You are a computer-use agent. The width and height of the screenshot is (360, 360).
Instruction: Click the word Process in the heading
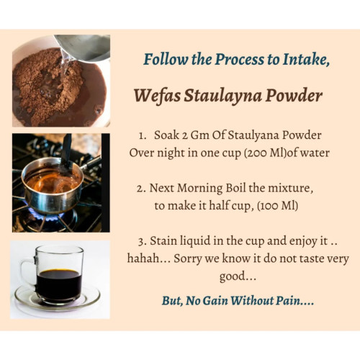[239, 59]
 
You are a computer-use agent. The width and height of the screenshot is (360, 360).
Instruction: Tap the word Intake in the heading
[306, 59]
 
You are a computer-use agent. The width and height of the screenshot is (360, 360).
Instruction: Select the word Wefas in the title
[158, 96]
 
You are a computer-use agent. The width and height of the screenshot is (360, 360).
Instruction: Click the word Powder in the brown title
[294, 96]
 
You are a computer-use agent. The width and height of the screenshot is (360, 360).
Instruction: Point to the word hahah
[143, 258]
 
